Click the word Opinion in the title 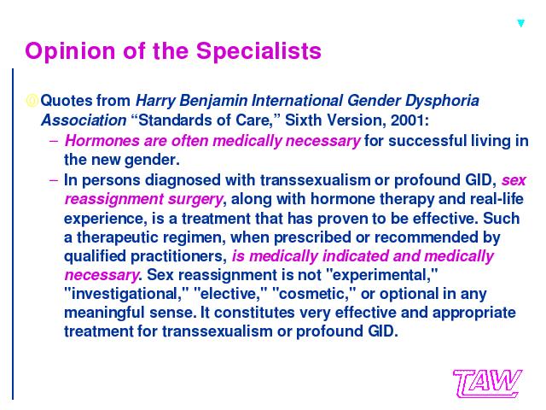(x=70, y=51)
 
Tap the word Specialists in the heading (x=258, y=51)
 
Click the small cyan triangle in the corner (x=520, y=23)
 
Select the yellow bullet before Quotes (x=32, y=101)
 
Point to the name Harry (x=155, y=101)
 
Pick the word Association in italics (x=84, y=120)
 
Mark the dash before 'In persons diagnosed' (x=54, y=180)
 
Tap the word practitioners (x=178, y=256)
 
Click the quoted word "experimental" (x=381, y=275)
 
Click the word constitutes (x=254, y=313)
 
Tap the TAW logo (x=487, y=384)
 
